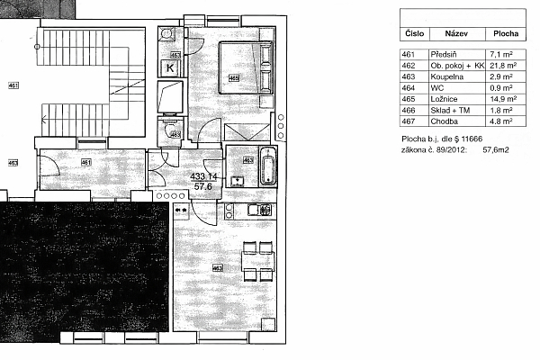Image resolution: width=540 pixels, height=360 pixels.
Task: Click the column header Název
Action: tap(447, 33)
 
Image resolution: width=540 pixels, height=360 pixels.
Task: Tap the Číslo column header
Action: tap(412, 33)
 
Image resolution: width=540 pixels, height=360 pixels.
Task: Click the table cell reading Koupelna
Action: tap(449, 77)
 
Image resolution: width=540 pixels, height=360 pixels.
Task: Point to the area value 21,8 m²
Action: tap(499, 66)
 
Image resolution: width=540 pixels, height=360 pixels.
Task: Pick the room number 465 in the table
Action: tap(409, 99)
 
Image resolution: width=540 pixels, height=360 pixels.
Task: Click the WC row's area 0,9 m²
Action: tap(499, 88)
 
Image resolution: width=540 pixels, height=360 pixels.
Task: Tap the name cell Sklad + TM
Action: tap(452, 109)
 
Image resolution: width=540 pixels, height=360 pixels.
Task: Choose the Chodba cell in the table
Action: tap(445, 120)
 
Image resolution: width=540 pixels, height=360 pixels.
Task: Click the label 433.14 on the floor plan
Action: tap(203, 176)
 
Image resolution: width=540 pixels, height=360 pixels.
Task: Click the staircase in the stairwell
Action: tap(85, 76)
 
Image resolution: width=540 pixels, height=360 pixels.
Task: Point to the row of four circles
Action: tap(167, 193)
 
